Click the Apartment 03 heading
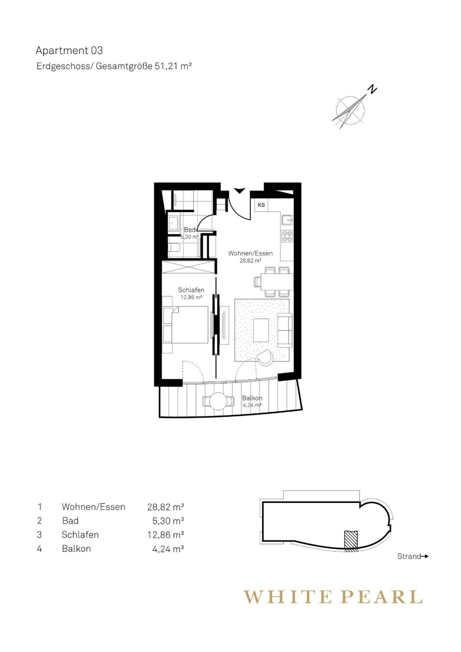(x=69, y=51)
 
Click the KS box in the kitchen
(x=261, y=205)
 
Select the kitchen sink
(x=287, y=220)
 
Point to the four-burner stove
(x=287, y=236)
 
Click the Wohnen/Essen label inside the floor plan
(x=250, y=253)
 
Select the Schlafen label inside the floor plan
(x=191, y=290)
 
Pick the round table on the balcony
(x=218, y=401)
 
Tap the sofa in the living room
(x=285, y=330)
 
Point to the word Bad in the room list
(x=70, y=520)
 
